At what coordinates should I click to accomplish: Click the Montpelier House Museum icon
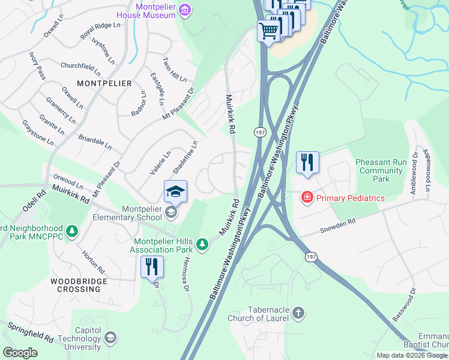pos(185,10)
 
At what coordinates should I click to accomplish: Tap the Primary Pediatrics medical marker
pos(307,197)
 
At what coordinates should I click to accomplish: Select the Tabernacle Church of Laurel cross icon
pos(298,313)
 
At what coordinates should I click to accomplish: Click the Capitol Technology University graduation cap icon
pos(110,338)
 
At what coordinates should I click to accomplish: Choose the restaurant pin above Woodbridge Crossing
pos(152,266)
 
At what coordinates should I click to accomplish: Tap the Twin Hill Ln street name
pos(174,70)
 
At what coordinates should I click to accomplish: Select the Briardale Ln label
pos(95,142)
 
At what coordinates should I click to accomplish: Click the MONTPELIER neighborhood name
pos(104,83)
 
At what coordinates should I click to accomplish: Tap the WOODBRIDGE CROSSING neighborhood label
pos(79,285)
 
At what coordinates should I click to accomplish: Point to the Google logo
pos(20,353)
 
